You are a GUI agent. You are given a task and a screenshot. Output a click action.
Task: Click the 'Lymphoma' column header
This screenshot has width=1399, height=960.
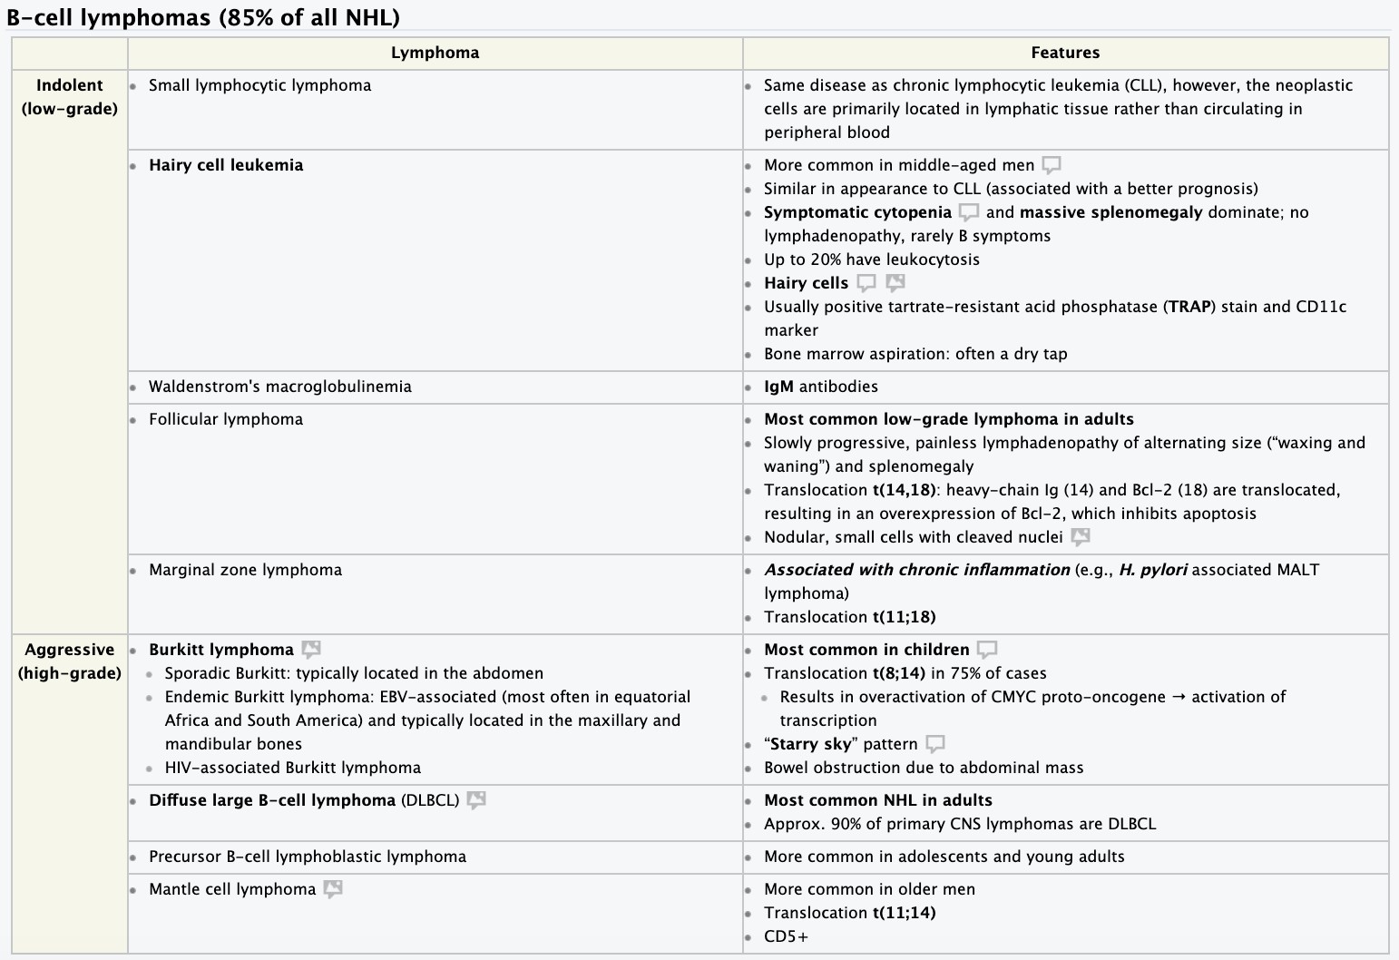click(435, 53)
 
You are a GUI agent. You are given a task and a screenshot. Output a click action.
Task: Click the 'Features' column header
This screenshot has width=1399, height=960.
click(1065, 53)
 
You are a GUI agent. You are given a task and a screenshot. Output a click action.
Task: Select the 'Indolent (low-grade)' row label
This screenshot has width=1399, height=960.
click(70, 97)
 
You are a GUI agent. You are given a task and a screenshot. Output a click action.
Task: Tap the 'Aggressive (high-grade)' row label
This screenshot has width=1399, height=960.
click(70, 661)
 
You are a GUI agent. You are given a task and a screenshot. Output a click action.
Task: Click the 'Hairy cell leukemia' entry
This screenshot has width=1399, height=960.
click(226, 165)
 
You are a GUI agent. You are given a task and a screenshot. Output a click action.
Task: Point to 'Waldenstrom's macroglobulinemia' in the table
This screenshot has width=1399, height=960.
click(279, 387)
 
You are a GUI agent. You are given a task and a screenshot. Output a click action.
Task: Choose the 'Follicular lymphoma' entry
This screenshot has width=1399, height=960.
click(226, 419)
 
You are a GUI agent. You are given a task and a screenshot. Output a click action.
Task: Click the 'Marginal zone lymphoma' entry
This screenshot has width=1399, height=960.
click(245, 570)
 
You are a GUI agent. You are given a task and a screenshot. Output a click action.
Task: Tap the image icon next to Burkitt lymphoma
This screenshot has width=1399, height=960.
click(311, 650)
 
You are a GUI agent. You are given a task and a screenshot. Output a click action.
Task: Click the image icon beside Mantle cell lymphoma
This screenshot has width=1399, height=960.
click(333, 889)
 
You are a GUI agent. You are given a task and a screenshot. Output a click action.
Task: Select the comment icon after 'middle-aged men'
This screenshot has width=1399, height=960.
click(1052, 165)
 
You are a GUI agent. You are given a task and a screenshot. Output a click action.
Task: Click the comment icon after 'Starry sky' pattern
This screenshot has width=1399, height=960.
click(935, 744)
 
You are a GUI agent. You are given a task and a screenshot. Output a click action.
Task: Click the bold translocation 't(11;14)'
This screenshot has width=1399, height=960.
click(904, 913)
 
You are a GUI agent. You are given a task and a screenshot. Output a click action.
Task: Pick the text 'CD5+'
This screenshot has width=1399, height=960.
click(786, 936)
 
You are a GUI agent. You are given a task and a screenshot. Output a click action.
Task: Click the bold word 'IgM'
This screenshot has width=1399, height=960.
click(778, 387)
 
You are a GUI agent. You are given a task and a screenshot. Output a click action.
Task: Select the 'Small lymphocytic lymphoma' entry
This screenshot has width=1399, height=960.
click(259, 85)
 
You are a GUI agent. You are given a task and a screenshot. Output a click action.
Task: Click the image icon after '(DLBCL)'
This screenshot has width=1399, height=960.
click(476, 800)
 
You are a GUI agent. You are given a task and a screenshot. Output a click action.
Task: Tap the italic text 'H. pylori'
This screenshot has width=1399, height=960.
click(1153, 570)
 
